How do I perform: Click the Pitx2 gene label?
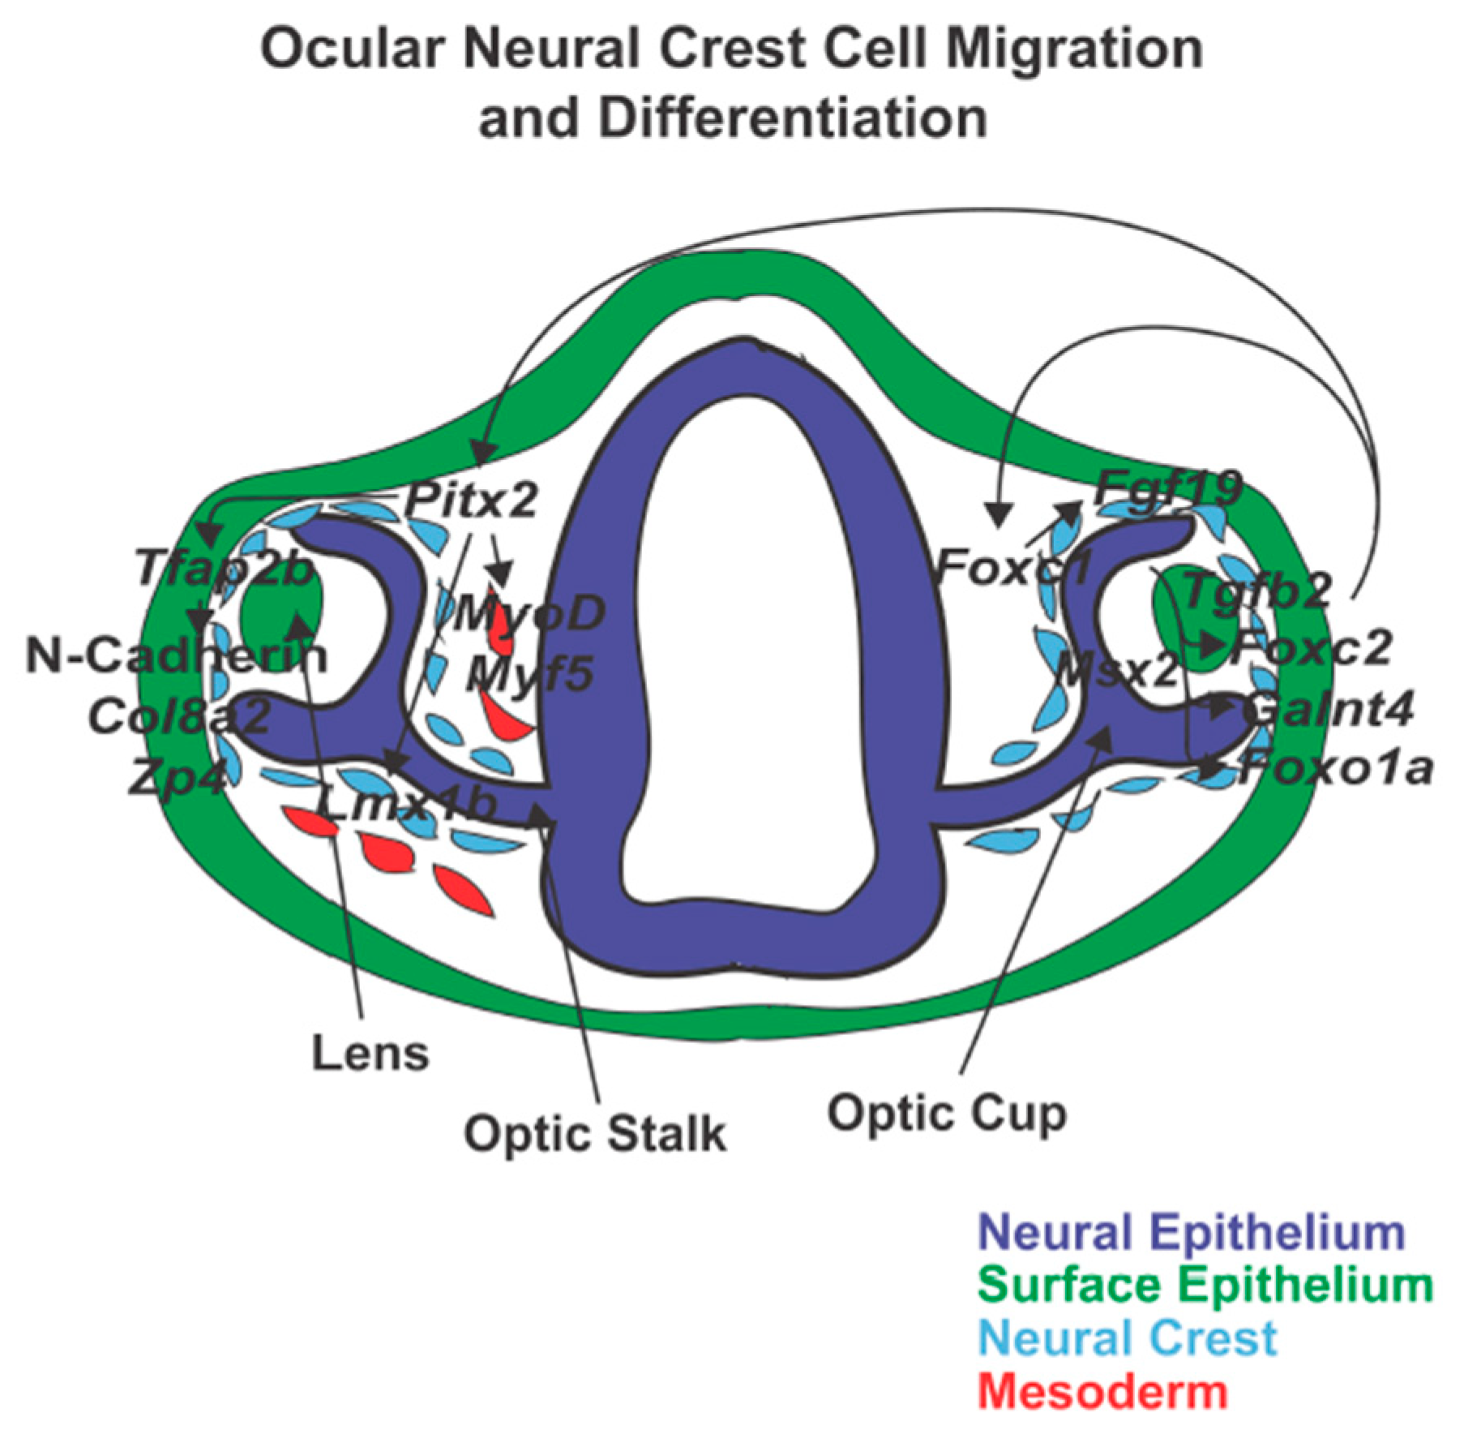click(x=471, y=500)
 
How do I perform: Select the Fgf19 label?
click(x=1167, y=489)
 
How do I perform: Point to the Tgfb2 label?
click(x=1257, y=591)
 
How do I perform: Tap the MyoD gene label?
click(x=528, y=613)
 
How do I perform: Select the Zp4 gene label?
click(x=176, y=778)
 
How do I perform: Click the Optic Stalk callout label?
click(x=594, y=1133)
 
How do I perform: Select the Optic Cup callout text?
click(x=946, y=1113)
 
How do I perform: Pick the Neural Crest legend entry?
click(x=1127, y=1338)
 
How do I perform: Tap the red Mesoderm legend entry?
click(x=1102, y=1391)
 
